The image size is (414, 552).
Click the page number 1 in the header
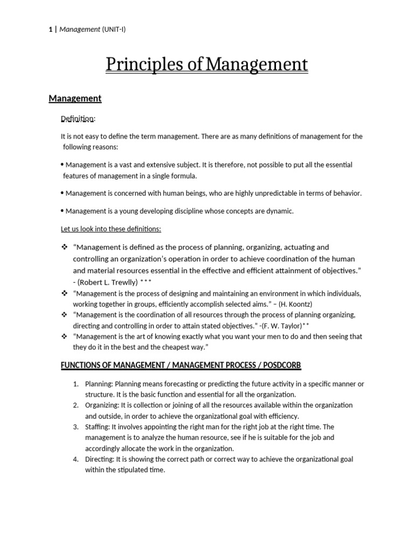click(50, 30)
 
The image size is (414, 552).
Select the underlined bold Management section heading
click(75, 98)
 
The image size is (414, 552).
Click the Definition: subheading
click(78, 118)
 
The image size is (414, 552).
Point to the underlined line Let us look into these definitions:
click(111, 229)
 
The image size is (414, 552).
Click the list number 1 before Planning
click(75, 384)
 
